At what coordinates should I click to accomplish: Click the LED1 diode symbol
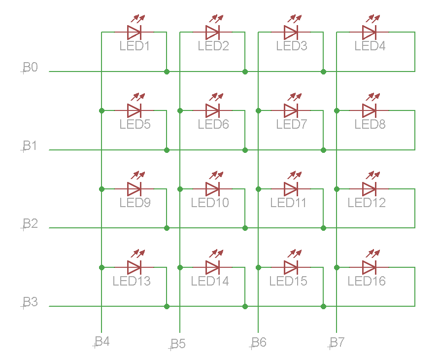(x=134, y=32)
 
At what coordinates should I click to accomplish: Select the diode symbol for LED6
(x=212, y=110)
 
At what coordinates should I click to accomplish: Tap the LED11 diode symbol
(x=291, y=189)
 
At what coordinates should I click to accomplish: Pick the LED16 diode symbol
(x=370, y=268)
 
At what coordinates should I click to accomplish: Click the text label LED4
(x=370, y=46)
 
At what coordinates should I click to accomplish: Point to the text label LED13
(x=132, y=281)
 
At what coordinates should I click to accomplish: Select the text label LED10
(x=210, y=203)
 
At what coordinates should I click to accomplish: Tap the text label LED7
(x=292, y=124)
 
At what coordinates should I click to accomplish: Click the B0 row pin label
(x=30, y=67)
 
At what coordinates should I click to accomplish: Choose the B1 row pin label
(x=30, y=145)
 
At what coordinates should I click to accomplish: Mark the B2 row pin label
(x=30, y=223)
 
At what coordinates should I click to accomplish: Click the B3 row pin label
(x=30, y=302)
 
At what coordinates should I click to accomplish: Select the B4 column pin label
(x=102, y=342)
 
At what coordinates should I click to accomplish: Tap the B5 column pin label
(x=178, y=344)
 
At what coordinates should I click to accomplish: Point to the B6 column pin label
(x=259, y=342)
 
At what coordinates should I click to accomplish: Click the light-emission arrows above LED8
(x=373, y=97)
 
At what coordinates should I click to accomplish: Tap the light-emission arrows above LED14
(x=216, y=253)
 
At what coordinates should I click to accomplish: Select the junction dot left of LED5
(x=101, y=110)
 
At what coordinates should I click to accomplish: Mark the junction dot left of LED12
(x=337, y=189)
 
